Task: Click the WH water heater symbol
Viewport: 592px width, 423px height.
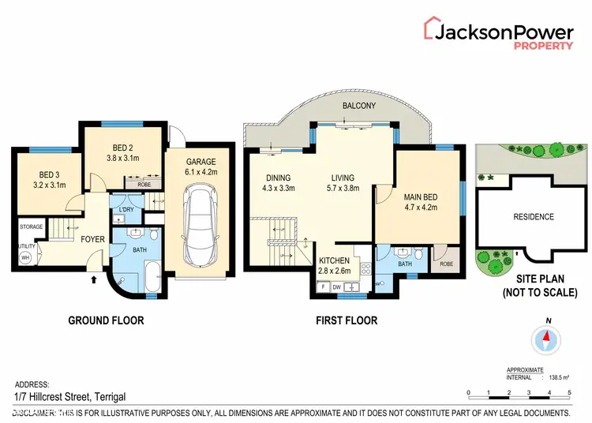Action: pos(25,257)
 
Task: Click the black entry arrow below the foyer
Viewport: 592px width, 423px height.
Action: pos(96,279)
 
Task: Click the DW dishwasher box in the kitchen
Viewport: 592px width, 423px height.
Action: pos(336,286)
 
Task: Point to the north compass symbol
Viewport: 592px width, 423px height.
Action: pos(545,339)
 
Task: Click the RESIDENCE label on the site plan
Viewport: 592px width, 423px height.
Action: pos(534,217)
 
